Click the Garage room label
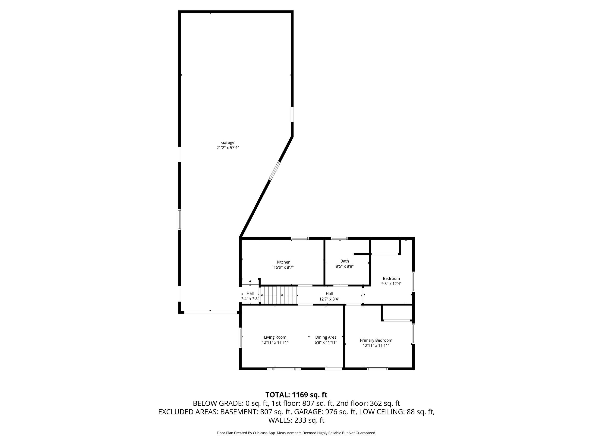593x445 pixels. click(228, 143)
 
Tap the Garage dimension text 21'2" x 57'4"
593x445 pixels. click(228, 148)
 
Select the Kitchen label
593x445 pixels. click(284, 262)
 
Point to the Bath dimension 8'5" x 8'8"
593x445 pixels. click(345, 266)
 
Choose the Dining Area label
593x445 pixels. click(326, 337)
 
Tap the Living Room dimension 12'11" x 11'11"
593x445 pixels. click(275, 342)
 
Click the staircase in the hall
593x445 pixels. click(279, 295)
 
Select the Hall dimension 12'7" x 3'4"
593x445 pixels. click(329, 299)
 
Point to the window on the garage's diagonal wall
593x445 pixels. click(274, 171)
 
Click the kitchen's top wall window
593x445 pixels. click(300, 238)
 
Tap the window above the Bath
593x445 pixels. click(339, 238)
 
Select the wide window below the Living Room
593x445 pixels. click(284, 369)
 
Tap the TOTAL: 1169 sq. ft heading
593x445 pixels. click(296, 395)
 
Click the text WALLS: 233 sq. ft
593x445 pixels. click(296, 420)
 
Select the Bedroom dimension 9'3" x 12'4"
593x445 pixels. click(391, 283)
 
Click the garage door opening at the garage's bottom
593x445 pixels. click(210, 312)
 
